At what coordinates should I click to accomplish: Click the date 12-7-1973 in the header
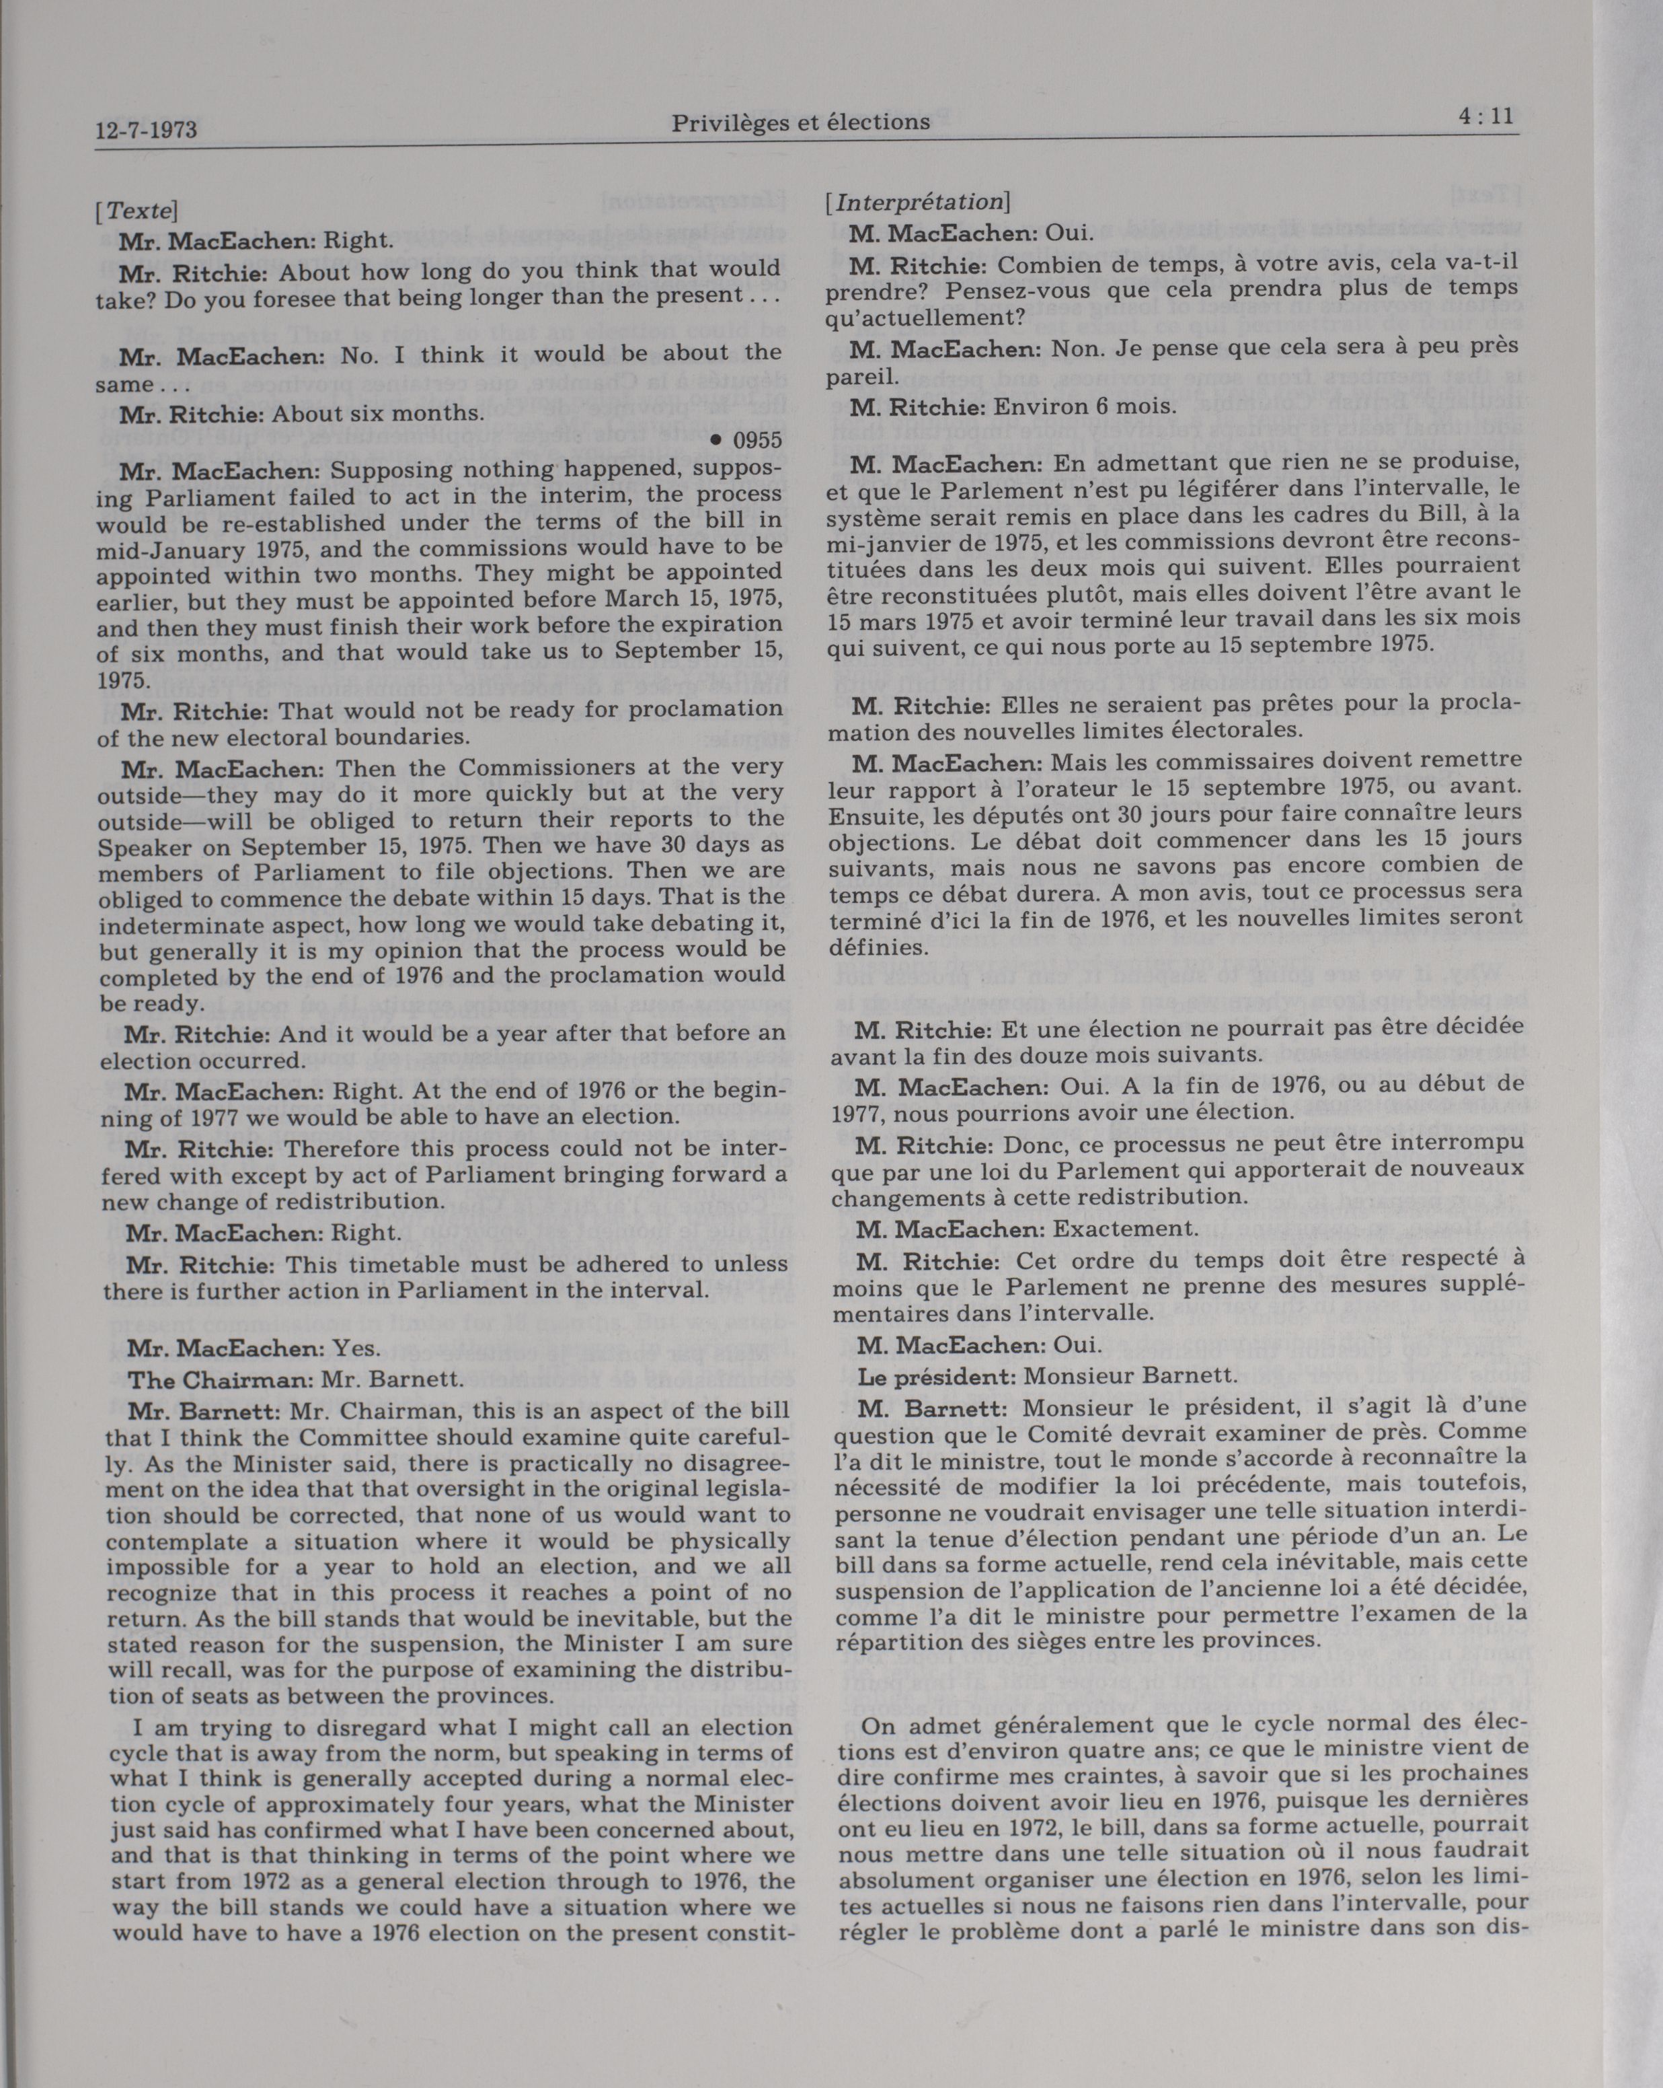click(146, 129)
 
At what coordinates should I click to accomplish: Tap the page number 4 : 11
click(1484, 117)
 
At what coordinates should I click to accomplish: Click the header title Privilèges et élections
click(800, 122)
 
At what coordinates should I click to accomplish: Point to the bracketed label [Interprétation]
click(917, 203)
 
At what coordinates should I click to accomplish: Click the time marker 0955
click(757, 441)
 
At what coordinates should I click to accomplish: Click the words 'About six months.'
click(377, 415)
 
